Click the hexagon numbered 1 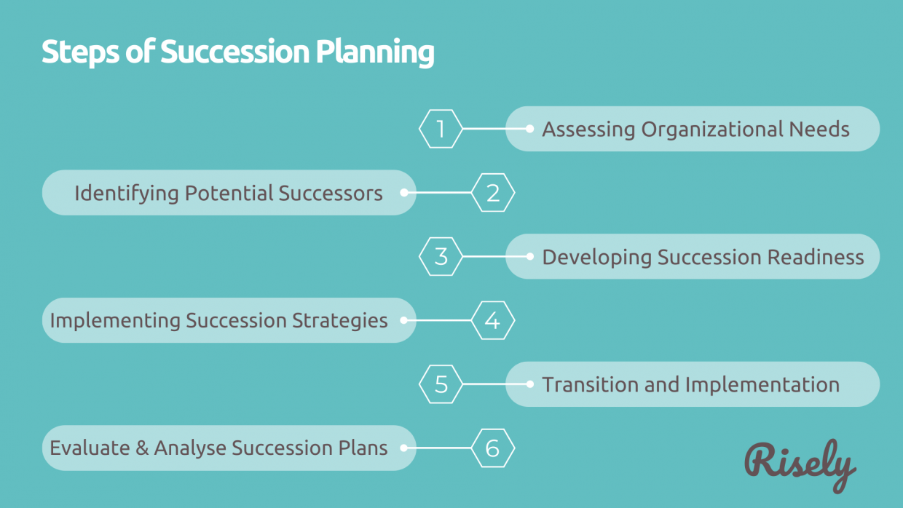pos(441,129)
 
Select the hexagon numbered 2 pos(493,193)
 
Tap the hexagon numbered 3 pos(441,256)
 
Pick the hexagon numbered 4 pos(493,320)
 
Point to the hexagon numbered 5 pos(441,384)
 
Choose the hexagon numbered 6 pos(493,448)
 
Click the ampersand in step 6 pos(142,448)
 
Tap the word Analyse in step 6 pos(192,448)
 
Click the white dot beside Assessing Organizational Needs pos(530,129)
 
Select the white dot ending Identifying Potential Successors pos(403,193)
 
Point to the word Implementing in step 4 pos(115,321)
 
